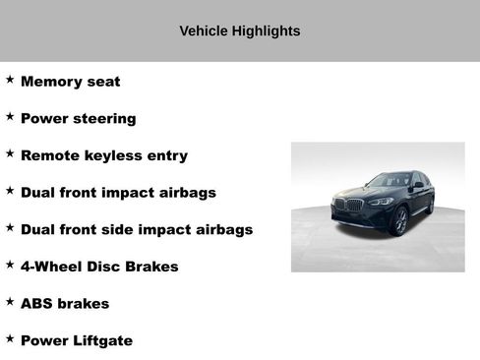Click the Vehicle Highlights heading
(x=240, y=31)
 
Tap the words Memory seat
(x=70, y=82)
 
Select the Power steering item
(x=78, y=119)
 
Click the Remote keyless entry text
(x=103, y=155)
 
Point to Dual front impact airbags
(x=118, y=193)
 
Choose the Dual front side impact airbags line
(x=136, y=229)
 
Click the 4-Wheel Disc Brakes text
(x=99, y=267)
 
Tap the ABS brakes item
(x=65, y=304)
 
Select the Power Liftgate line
(x=76, y=340)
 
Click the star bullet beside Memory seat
(x=10, y=80)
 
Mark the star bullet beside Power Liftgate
(x=10, y=338)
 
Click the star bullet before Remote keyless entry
(x=10, y=153)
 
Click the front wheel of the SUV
(x=400, y=220)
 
